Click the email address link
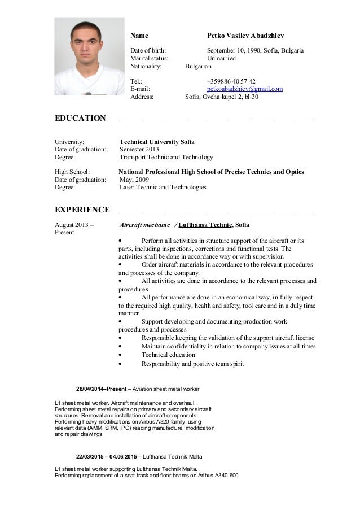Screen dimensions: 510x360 [245, 89]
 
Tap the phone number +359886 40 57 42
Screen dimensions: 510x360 [231, 81]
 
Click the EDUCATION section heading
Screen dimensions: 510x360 [80, 119]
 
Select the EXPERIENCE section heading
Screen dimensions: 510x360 [82, 210]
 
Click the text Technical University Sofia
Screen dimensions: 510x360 [157, 142]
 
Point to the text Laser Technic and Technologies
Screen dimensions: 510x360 [163, 188]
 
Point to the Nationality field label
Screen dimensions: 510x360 [146, 66]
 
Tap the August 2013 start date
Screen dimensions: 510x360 [74, 225]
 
